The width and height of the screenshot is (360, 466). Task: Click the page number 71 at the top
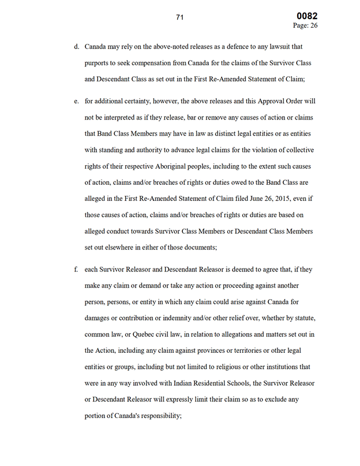(179, 18)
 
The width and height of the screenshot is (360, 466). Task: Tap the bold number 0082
(307, 16)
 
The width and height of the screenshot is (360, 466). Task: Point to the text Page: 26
(306, 25)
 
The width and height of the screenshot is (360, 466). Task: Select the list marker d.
(76, 47)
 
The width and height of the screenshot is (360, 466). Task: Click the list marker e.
(76, 101)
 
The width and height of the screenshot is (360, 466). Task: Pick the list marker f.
(76, 270)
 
